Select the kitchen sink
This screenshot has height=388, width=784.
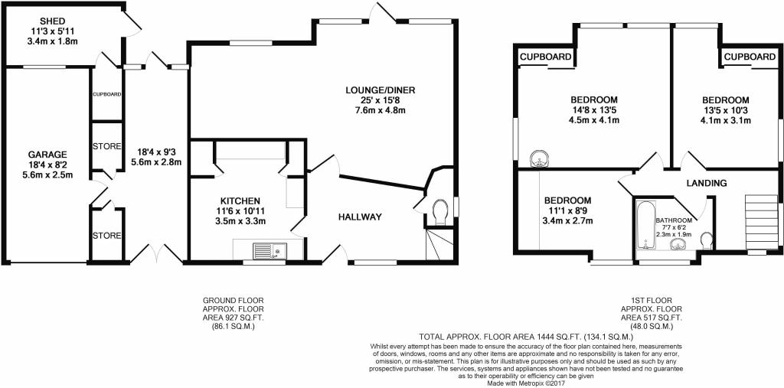tap(269, 250)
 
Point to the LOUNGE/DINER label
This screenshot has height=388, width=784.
tap(381, 90)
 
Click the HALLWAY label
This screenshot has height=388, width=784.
tap(360, 217)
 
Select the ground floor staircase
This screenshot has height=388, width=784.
tap(439, 243)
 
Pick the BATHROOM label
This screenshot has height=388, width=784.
tap(674, 220)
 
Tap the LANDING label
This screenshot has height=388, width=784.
tap(707, 183)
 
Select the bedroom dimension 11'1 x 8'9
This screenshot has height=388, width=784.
tap(568, 210)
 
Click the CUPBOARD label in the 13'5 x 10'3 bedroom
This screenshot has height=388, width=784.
tap(750, 57)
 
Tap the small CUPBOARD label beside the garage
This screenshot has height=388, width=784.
tap(107, 94)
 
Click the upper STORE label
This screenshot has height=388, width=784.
tap(107, 146)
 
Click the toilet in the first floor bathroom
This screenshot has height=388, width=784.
tap(707, 241)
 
